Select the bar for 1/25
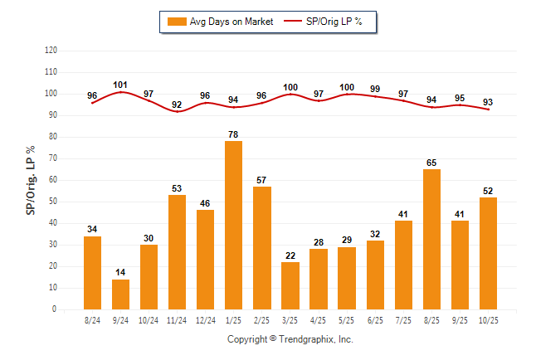coord(234,225)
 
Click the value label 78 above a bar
coord(234,134)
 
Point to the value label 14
coord(121,273)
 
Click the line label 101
coord(121,85)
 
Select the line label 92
coord(178,105)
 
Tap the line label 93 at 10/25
coord(488,102)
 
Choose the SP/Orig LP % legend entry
coord(328,22)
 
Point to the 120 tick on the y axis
coord(51,51)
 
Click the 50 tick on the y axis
coord(53,202)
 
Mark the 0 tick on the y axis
coord(55,309)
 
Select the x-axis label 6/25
coord(375,320)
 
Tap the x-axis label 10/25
coord(488,320)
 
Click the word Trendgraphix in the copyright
coord(308,339)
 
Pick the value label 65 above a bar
coord(431,163)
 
